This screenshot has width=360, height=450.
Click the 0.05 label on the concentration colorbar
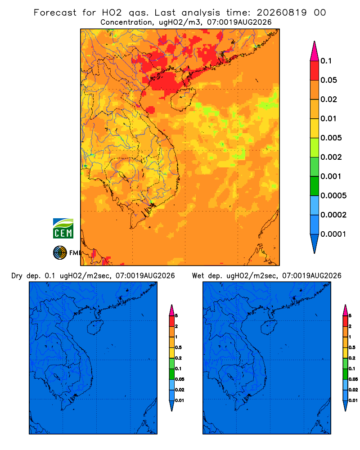tap(328, 80)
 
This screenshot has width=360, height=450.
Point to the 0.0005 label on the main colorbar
tap(333, 195)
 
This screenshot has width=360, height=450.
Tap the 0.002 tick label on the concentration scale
tap(331, 157)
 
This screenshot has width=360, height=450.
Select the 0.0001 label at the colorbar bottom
tap(333, 234)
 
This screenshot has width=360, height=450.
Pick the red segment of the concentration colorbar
tap(315, 70)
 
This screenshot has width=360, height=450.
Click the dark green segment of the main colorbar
tap(315, 186)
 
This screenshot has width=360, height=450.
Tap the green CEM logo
tap(63, 229)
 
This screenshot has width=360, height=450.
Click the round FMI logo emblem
tap(60, 253)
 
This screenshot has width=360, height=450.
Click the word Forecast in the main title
tap(55, 13)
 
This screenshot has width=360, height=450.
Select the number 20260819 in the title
tap(282, 13)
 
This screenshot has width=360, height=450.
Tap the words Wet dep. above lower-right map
tap(207, 276)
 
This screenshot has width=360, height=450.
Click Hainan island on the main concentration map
tap(183, 99)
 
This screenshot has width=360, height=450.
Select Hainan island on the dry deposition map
tap(95, 328)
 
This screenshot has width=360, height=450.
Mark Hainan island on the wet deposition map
tap(269, 328)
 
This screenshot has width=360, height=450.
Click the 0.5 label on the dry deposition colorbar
tap(178, 347)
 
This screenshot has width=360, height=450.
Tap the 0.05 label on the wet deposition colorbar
tap(353, 379)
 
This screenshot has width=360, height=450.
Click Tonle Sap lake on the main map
tap(123, 175)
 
